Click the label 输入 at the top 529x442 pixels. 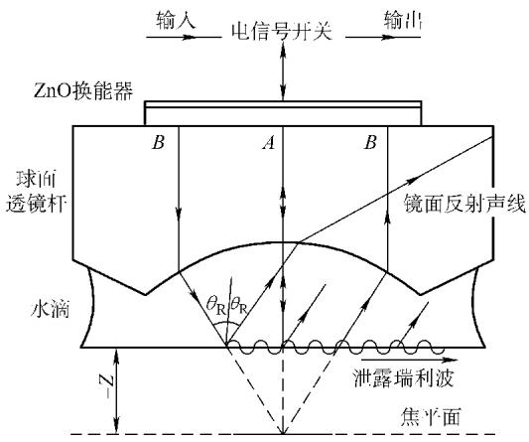[x=176, y=20]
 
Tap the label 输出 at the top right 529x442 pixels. [x=403, y=20]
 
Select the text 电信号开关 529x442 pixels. [x=282, y=32]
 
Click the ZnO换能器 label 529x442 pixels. [x=83, y=90]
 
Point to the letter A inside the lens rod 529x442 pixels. [x=269, y=143]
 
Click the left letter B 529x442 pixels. [x=158, y=142]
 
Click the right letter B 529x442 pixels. [x=370, y=142]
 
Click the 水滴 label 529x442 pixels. [x=50, y=309]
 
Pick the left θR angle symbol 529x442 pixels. [x=216, y=306]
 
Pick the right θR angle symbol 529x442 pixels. [x=238, y=306]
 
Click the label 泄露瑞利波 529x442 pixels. [x=403, y=378]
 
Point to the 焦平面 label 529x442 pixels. [x=431, y=417]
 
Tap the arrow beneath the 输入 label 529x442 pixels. [x=184, y=37]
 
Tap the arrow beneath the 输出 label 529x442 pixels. [x=383, y=37]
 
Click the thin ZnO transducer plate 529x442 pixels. [x=283, y=104]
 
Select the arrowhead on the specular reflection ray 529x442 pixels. [x=411, y=180]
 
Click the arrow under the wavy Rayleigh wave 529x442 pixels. [x=410, y=360]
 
